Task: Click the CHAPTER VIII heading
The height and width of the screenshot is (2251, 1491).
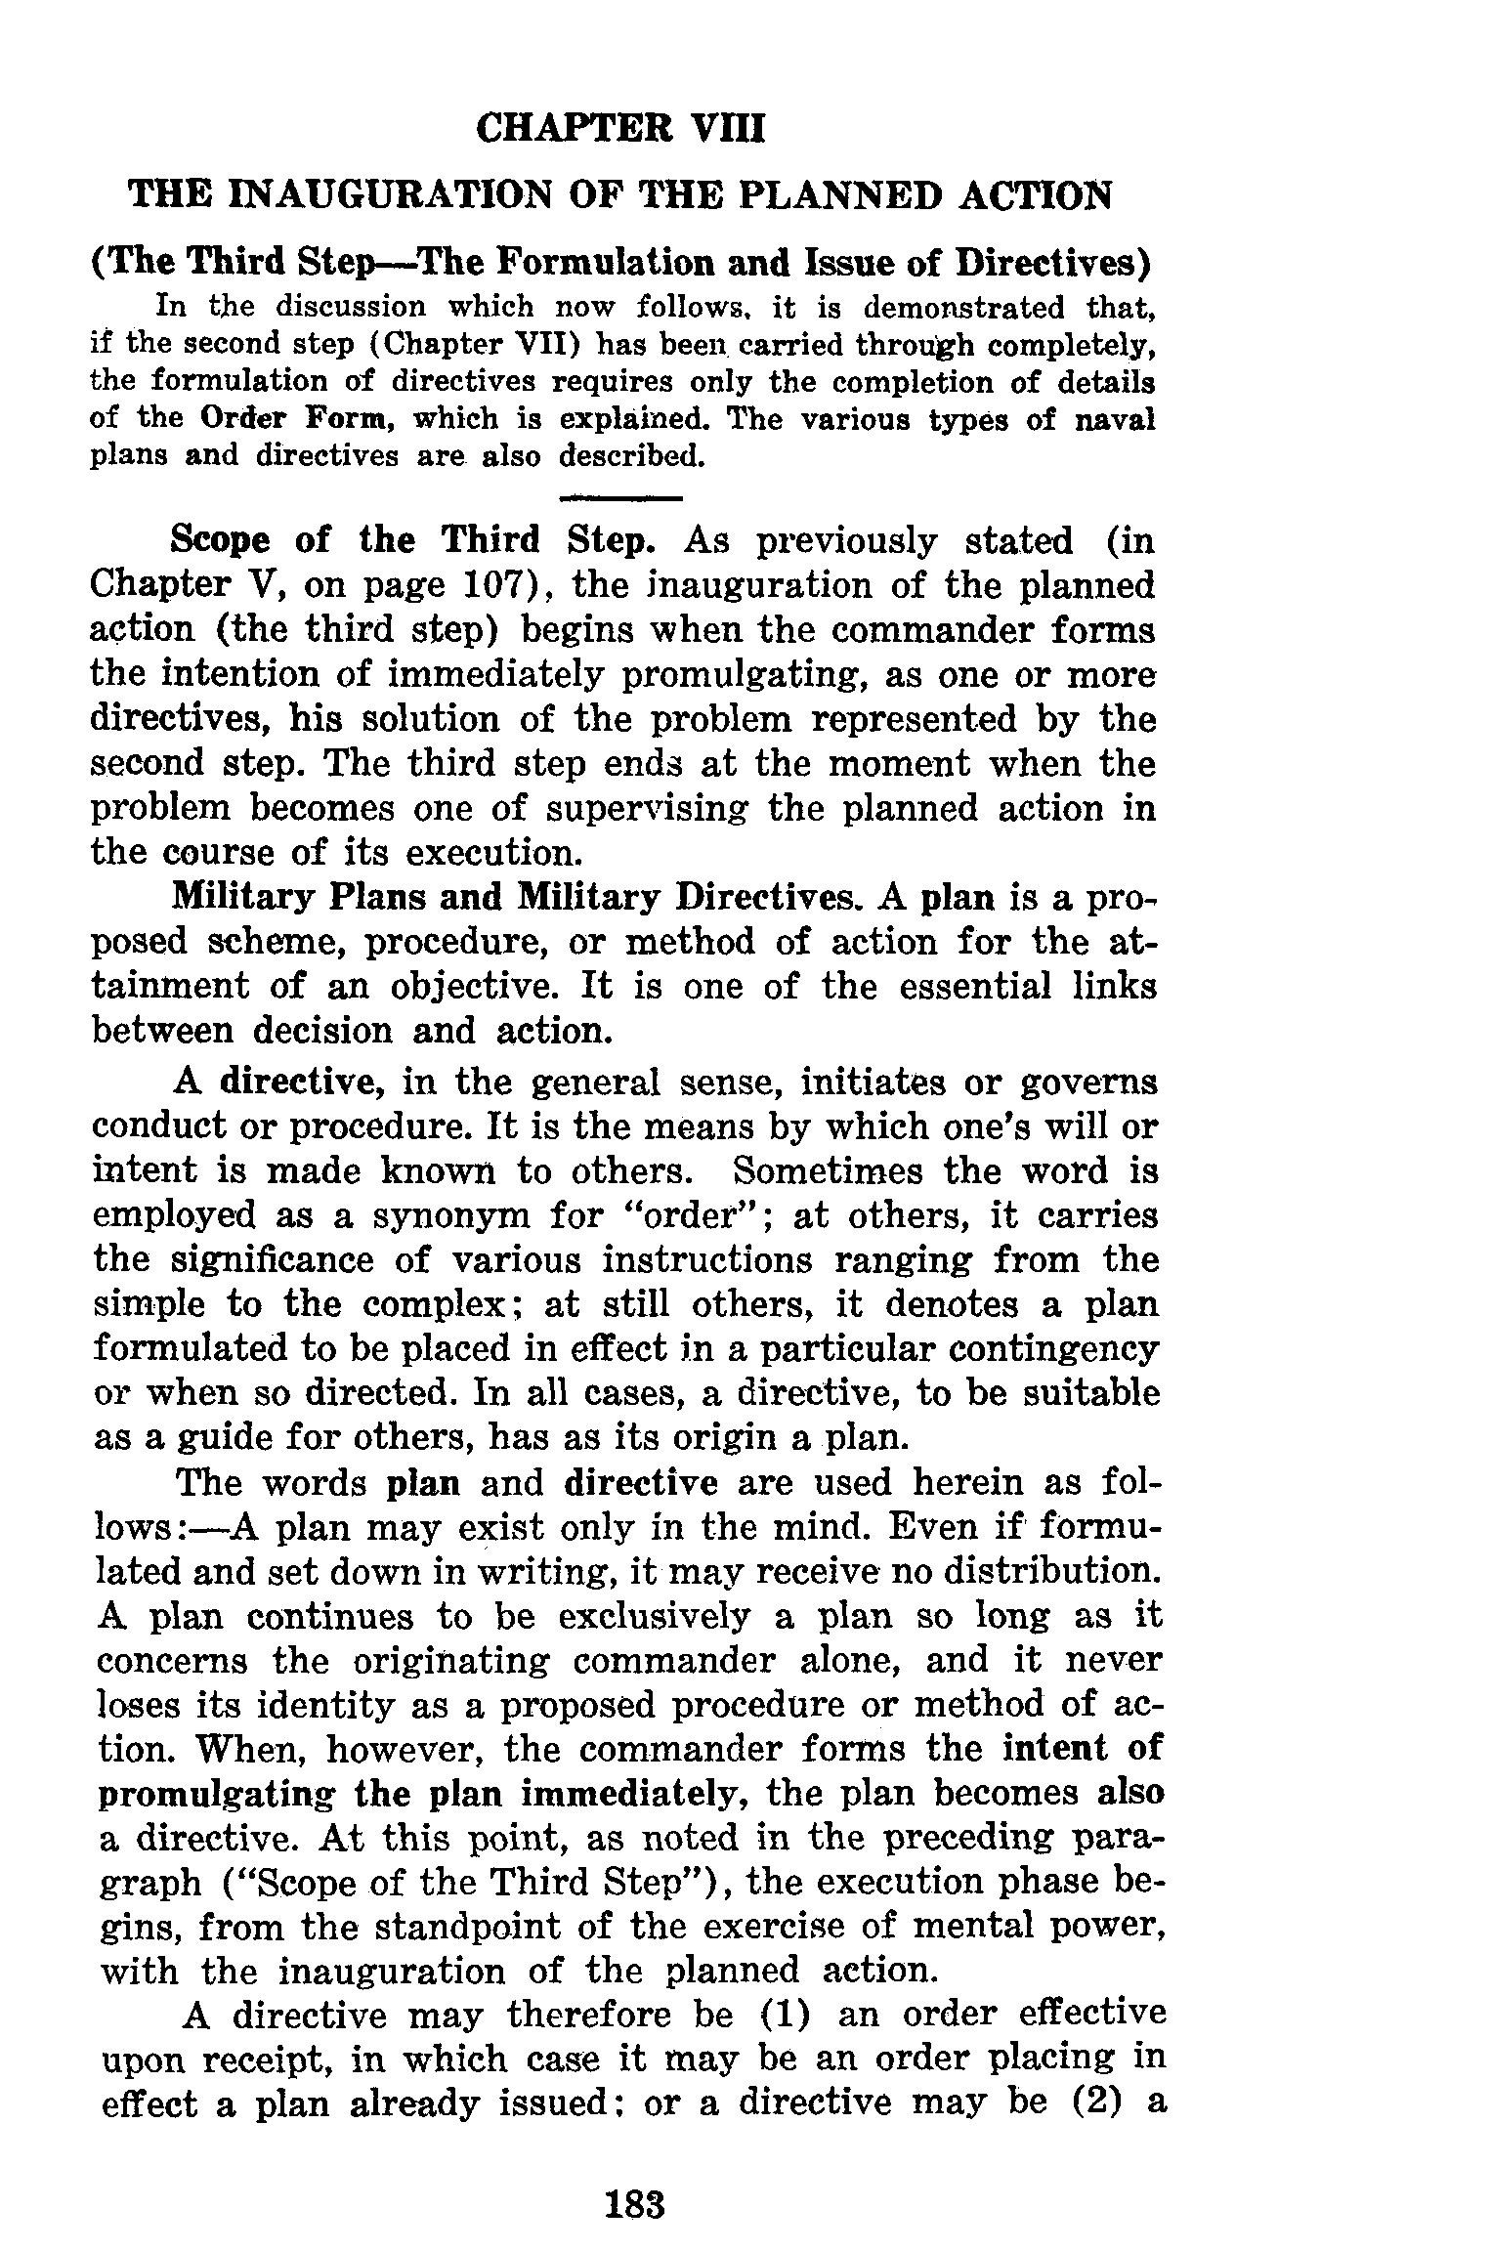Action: (x=619, y=129)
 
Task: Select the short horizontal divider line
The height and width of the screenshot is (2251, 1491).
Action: (x=619, y=499)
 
